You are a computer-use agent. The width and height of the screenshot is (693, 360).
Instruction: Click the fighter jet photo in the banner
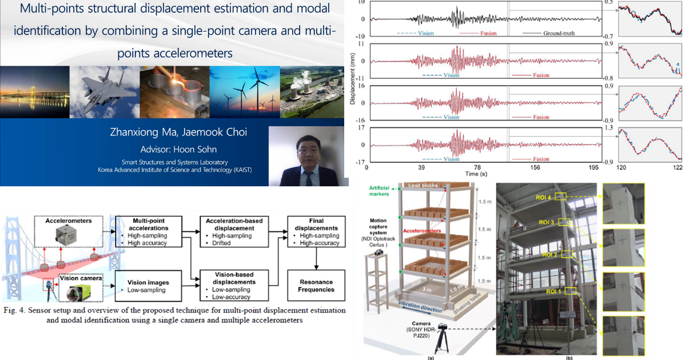105,91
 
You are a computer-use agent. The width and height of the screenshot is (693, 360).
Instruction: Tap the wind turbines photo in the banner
244,91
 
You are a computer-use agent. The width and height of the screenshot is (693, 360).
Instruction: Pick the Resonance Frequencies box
316,286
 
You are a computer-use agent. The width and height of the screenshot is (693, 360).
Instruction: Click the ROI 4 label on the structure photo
547,197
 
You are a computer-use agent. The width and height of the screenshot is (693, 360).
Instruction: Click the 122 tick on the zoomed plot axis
678,168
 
